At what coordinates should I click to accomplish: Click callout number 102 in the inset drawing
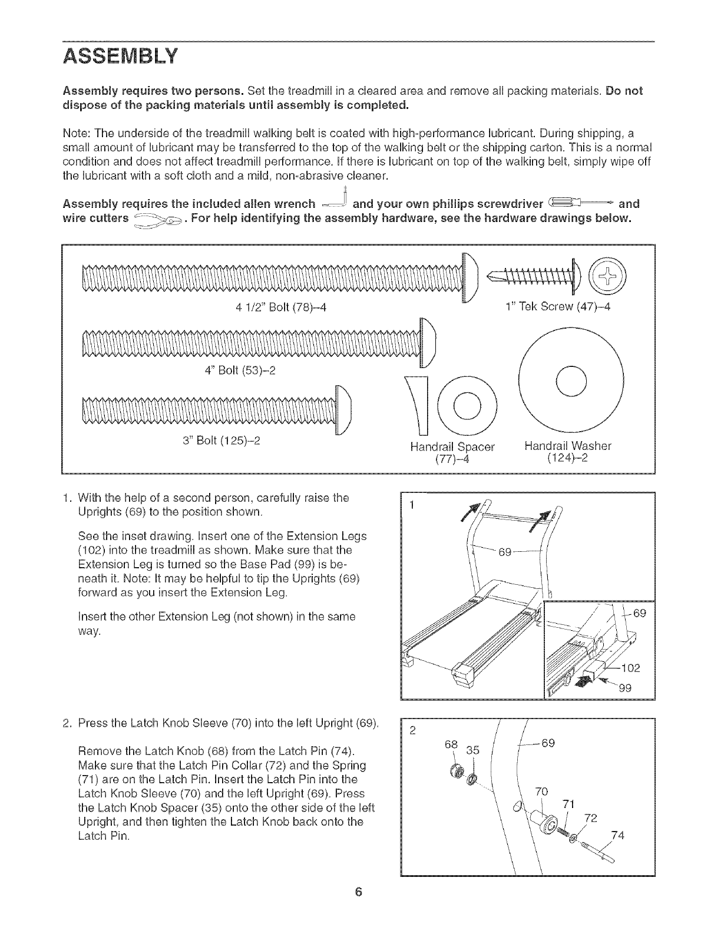[630, 668]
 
